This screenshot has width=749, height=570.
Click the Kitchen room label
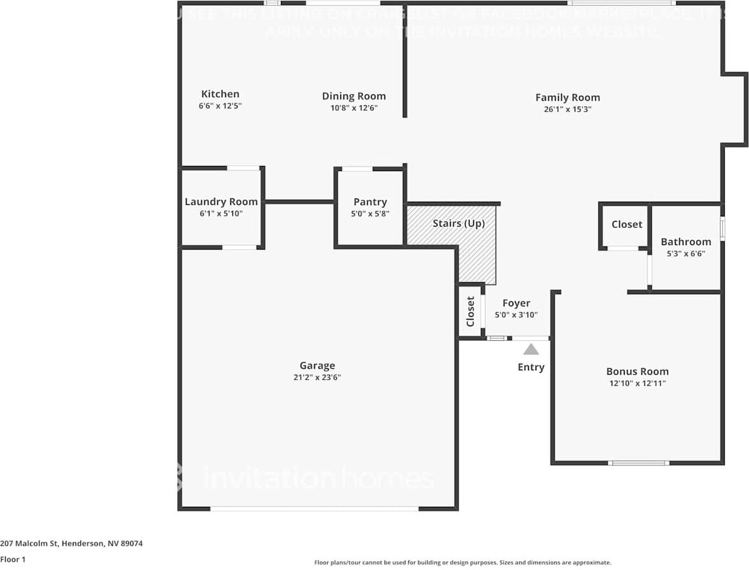point(220,94)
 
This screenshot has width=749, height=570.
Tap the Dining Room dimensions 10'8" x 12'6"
point(354,108)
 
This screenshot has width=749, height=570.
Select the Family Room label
point(567,98)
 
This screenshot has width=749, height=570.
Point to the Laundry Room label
point(221,202)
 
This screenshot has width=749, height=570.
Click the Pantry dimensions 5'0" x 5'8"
point(370,214)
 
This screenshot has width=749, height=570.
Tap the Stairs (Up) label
point(458,223)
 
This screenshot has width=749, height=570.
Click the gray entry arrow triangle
point(531,349)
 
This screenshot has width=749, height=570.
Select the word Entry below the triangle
point(531,367)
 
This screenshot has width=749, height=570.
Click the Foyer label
point(516,303)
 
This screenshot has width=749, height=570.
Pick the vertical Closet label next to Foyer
point(471,311)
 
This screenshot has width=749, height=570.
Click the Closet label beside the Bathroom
point(626,224)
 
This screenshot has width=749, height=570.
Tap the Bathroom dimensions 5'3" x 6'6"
point(686,253)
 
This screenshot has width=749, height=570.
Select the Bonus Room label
point(637,371)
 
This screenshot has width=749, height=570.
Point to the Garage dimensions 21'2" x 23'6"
point(317,377)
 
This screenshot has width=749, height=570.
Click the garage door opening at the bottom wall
point(314,509)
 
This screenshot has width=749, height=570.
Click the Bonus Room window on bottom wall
point(638,463)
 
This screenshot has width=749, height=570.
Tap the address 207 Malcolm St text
point(72,544)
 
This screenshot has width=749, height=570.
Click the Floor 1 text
point(13,559)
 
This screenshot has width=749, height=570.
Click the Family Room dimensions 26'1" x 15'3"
point(567,109)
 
